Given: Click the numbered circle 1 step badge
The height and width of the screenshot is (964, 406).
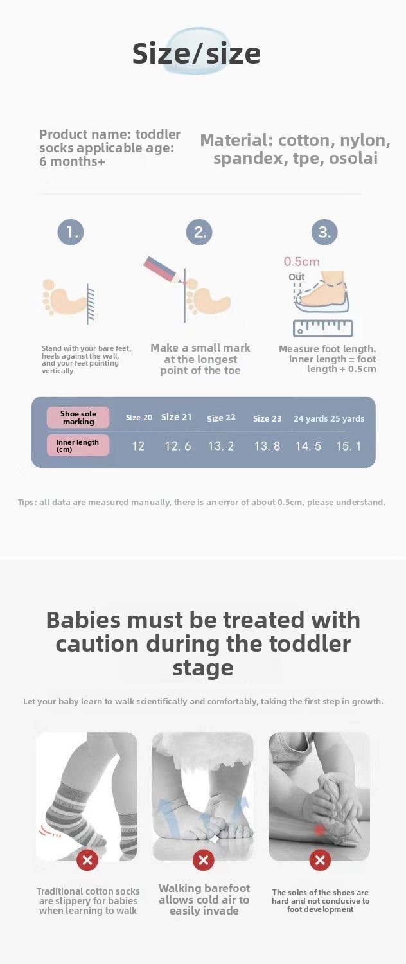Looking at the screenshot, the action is click(71, 233).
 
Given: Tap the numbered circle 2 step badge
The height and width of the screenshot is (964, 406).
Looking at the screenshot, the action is click(199, 233).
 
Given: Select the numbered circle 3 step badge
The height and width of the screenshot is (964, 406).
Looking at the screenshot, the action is click(324, 233).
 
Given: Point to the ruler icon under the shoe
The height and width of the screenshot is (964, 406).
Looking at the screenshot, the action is click(323, 328).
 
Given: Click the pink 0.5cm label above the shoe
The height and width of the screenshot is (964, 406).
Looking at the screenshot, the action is click(301, 262).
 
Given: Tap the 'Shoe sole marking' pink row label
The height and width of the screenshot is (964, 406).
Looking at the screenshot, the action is click(78, 418).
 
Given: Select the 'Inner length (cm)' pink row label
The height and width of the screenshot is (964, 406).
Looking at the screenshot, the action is click(78, 445).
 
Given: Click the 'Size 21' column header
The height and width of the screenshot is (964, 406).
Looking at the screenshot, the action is click(176, 417).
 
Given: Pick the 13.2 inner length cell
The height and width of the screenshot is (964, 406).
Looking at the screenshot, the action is click(221, 446).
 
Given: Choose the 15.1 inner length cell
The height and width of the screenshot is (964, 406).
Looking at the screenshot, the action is click(348, 446).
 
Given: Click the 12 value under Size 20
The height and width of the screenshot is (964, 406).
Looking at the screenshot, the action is click(138, 446).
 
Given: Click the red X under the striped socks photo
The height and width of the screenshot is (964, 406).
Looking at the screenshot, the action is click(87, 861).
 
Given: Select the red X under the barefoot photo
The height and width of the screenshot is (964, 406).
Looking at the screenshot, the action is click(204, 861).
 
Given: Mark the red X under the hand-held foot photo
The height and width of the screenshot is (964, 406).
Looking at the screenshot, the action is click(320, 861).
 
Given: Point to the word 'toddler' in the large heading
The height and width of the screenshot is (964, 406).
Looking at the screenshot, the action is click(310, 644).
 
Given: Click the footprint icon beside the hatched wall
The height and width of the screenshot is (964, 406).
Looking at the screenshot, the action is click(64, 298).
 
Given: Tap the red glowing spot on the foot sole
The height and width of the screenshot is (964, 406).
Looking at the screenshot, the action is click(319, 829).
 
